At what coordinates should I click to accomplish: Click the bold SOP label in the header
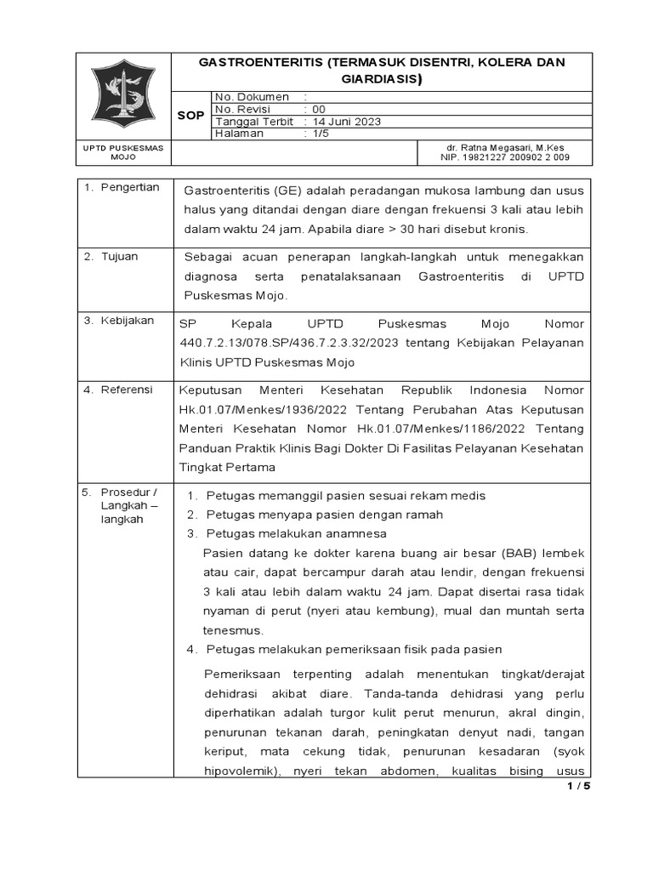pos(190,116)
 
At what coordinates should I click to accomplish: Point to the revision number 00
pos(319,109)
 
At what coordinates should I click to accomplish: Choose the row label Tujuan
pos(120,256)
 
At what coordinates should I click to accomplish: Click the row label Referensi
pos(127,390)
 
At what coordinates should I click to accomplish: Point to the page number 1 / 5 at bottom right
pos(578,786)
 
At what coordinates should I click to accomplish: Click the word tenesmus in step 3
pos(233,630)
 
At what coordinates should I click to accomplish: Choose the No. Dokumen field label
pos(253,97)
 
